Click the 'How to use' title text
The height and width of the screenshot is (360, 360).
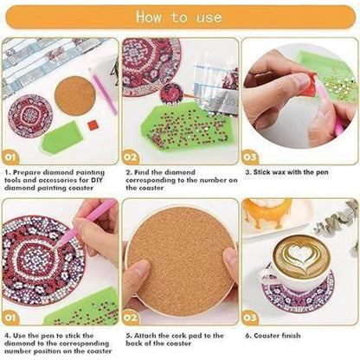click(179, 17)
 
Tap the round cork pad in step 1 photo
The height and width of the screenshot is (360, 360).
click(75, 96)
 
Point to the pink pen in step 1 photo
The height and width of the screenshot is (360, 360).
click(103, 91)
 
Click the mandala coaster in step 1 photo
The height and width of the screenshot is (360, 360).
click(30, 116)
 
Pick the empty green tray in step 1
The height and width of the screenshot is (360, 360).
click(62, 138)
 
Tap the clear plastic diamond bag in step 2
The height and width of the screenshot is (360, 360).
click(215, 87)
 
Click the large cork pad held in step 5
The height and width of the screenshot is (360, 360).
click(181, 260)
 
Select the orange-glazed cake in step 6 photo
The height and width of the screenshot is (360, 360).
click(267, 212)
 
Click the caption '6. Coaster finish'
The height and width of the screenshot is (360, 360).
click(273, 336)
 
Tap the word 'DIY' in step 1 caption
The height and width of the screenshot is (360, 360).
click(97, 180)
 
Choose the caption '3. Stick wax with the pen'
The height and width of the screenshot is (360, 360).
click(286, 172)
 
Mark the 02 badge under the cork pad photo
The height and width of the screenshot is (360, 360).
click(131, 318)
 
